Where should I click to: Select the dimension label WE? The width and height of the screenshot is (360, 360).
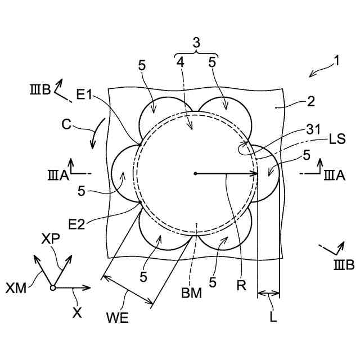pos(117,318)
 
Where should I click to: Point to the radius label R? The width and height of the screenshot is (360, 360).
pos(241,285)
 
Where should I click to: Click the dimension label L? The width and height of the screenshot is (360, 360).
pos(273,316)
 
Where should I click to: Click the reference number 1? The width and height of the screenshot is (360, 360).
pos(336,60)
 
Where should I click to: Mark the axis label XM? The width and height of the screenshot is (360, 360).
pos(16,288)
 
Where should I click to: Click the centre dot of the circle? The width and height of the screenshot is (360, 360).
pos(195,173)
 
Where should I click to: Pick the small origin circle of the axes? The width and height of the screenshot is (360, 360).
pos(52,288)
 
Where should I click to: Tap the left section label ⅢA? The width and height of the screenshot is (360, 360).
pos(58,175)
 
